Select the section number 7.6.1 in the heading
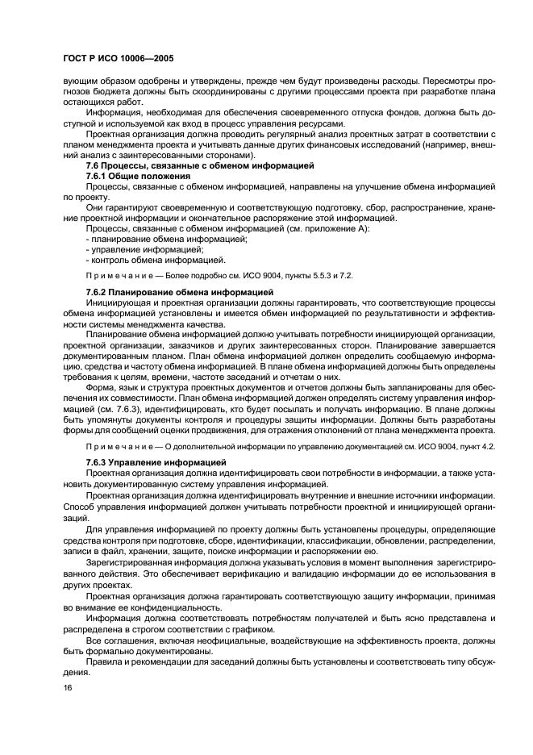(x=98, y=175)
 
